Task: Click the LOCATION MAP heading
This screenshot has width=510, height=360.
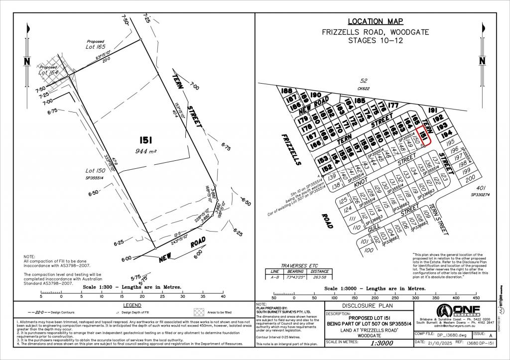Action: (375, 21)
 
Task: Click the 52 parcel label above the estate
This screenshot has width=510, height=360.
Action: (364, 80)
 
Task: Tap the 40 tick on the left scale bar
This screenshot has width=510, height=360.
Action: (223, 297)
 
